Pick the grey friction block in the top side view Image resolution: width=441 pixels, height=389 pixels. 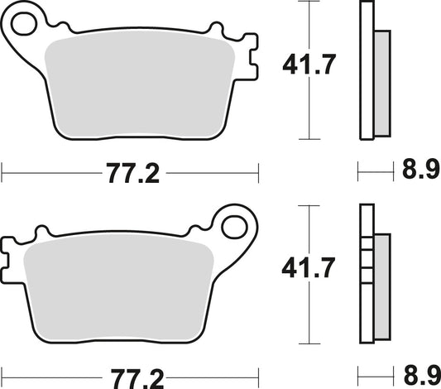pos(382,83)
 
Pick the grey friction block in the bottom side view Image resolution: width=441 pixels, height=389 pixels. pos(382,286)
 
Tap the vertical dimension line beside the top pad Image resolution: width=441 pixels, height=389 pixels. pos(309,108)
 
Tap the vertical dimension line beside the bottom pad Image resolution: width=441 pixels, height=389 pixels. pos(309,315)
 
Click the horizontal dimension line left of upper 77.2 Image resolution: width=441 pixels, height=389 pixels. pos(50,174)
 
